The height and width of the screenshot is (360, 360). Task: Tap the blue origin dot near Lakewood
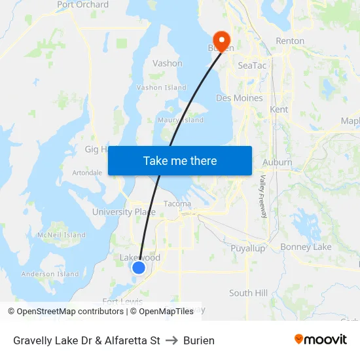139,267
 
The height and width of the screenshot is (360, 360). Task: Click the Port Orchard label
82,5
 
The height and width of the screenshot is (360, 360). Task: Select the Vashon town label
167,63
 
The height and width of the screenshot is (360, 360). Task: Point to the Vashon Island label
162,87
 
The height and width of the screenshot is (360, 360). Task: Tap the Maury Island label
181,120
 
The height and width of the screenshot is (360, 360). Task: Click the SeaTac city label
252,65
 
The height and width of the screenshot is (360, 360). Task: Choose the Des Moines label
240,98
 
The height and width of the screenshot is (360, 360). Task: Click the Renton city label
290,41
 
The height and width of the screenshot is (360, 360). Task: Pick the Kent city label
279,109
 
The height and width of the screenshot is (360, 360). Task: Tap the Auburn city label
277,162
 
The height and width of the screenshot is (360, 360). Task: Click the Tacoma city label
177,204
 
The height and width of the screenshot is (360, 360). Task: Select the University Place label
124,212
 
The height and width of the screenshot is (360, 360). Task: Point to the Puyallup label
248,248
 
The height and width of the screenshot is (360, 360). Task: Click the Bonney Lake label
306,247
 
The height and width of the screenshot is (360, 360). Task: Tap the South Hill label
249,293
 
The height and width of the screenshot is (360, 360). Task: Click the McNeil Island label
62,235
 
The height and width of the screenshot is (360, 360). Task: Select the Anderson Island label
50,274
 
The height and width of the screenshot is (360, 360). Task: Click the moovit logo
321,340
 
